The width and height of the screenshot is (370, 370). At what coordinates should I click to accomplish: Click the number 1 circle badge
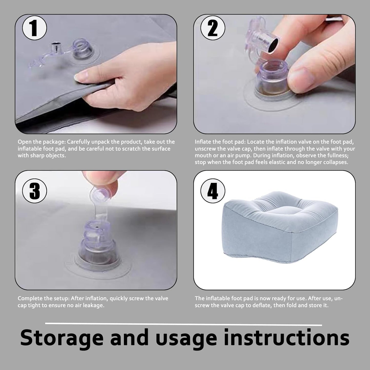(x=35, y=28)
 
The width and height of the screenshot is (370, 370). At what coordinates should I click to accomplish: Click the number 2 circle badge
(x=213, y=28)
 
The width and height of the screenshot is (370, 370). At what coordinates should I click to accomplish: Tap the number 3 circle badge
(x=35, y=191)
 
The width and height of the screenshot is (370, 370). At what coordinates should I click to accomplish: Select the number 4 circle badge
(x=213, y=191)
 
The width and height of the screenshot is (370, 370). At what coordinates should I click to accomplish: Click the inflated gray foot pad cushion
(x=280, y=227)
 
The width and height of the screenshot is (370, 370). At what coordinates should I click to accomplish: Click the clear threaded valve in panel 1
(x=83, y=49)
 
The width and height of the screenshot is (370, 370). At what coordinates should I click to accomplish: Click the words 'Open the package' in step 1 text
(x=42, y=142)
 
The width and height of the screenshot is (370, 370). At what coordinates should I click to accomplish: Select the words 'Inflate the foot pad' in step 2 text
(x=220, y=142)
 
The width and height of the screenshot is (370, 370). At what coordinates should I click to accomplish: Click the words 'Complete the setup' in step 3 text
(x=43, y=298)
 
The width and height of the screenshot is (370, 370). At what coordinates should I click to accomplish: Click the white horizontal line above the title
(x=184, y=324)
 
